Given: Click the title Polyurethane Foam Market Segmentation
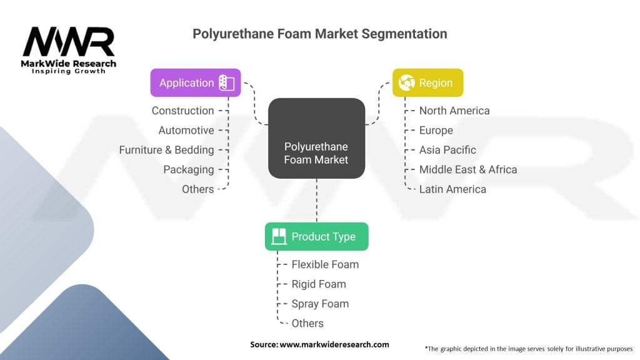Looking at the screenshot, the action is [319, 34].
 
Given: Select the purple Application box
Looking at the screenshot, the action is [196, 83].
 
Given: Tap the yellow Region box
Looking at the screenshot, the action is [427, 82].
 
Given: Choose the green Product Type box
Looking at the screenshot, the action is [316, 236].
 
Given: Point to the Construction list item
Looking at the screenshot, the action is [182, 111].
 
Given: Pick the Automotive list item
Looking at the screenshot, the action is [186, 130].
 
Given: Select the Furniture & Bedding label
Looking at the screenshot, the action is [166, 150].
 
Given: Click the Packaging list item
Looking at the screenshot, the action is [189, 169].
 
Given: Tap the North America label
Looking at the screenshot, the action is [454, 111].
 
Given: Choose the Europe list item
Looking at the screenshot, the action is [436, 130].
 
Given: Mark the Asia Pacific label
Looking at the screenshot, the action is [447, 150].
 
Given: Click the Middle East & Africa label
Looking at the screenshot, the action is [468, 169].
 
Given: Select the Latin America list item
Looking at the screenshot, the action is [452, 189].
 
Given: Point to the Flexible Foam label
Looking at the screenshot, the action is [325, 264].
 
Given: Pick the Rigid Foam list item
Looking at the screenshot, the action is [319, 284].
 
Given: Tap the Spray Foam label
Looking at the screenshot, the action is [320, 304].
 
